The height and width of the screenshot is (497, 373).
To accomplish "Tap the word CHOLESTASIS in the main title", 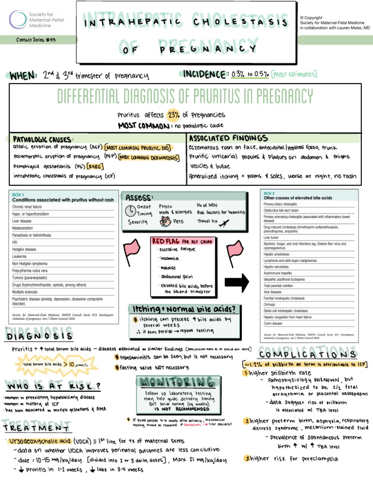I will pos(240,22).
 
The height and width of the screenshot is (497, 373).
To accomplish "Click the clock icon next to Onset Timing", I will pos(131,210).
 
